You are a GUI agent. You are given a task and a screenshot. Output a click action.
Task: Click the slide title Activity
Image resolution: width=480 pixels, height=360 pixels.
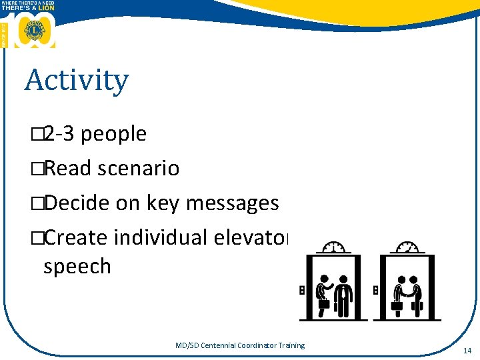(77, 81)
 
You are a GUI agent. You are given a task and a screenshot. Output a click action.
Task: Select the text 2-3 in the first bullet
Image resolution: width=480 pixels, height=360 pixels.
(59, 134)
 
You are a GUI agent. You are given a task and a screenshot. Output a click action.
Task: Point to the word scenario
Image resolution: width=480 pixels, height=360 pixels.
(138, 169)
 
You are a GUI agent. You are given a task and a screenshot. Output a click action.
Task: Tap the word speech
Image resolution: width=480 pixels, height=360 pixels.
(77, 266)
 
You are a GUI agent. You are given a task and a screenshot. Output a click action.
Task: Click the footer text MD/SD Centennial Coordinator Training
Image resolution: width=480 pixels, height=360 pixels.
(239, 345)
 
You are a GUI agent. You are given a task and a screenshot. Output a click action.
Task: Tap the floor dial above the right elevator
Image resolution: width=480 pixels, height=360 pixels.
(408, 247)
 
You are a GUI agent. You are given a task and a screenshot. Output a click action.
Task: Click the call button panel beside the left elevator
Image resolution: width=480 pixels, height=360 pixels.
(301, 291)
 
